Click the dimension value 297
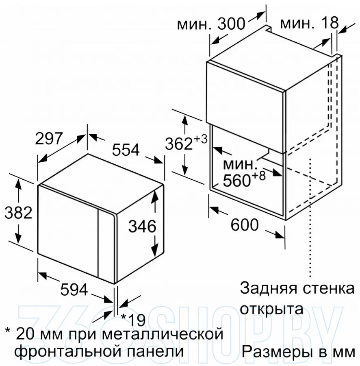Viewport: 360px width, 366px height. (49, 138)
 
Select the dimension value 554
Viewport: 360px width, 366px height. (126, 150)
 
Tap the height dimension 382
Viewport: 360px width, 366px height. (18, 213)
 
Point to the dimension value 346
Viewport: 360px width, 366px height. (142, 226)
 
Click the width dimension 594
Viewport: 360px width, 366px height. (74, 290)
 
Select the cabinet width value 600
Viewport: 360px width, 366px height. (245, 224)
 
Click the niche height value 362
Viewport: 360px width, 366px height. (179, 144)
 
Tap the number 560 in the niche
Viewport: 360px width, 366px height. (236, 181)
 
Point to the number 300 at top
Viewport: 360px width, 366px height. (231, 24)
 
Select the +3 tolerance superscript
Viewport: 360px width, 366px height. (200, 139)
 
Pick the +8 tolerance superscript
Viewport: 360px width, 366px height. (258, 176)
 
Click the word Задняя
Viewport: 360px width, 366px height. (269, 288)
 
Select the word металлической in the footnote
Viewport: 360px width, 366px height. (162, 334)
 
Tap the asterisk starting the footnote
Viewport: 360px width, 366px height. (8, 331)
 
